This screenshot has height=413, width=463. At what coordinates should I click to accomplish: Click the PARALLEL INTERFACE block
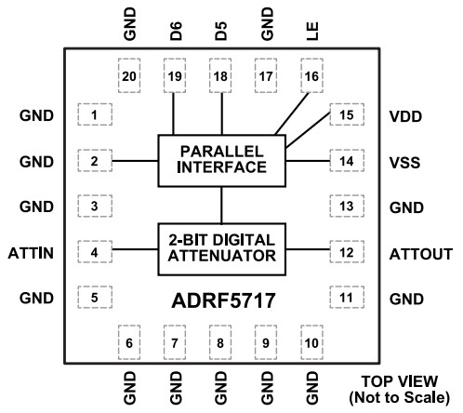click(221, 161)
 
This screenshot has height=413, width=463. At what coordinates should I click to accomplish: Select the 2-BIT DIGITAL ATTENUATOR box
click(221, 249)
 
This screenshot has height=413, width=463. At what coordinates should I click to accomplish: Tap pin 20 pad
click(129, 75)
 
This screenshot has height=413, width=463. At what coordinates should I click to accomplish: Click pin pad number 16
click(311, 75)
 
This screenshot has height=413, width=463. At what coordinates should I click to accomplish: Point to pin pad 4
click(95, 252)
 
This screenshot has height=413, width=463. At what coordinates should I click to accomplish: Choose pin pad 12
click(347, 252)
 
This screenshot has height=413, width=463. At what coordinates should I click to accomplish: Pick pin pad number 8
click(220, 342)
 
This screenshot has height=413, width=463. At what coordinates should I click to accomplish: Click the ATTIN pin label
click(31, 253)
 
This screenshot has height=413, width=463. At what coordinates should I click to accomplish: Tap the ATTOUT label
click(421, 254)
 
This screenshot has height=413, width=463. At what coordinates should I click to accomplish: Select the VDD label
click(405, 116)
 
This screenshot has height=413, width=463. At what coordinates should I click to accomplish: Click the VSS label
click(405, 163)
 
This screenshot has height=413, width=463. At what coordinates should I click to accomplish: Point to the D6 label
click(176, 32)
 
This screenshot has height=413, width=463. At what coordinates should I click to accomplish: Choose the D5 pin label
click(221, 32)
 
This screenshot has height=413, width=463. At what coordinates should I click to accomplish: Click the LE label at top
click(312, 31)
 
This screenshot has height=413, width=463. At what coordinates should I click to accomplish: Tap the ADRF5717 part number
click(223, 300)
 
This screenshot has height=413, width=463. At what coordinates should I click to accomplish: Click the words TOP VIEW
click(400, 381)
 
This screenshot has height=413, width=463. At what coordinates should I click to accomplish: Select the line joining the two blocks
click(221, 205)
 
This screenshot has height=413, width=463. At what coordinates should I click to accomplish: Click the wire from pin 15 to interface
click(308, 130)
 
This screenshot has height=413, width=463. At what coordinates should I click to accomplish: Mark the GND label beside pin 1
click(36, 115)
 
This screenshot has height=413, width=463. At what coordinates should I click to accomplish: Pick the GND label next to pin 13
click(406, 207)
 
